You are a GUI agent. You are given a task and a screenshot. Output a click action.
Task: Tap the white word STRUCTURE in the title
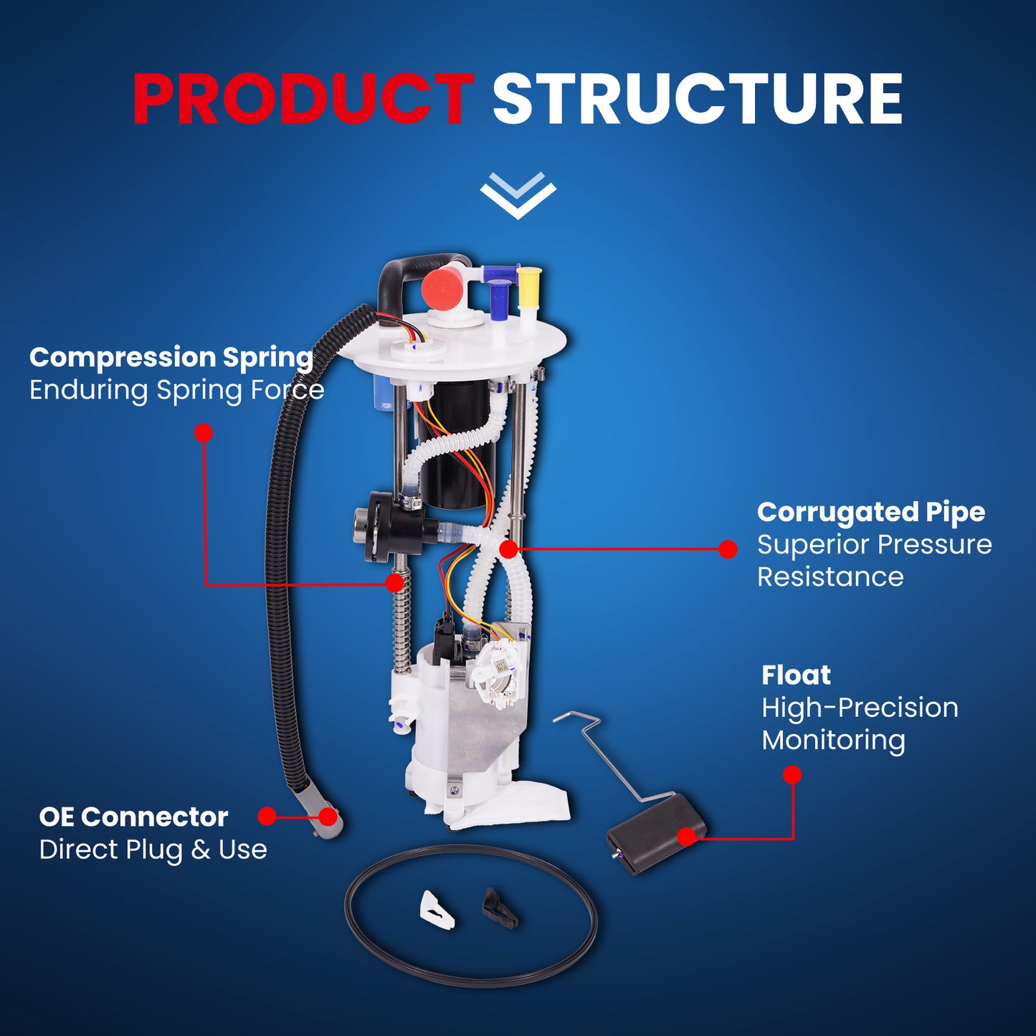[698, 100]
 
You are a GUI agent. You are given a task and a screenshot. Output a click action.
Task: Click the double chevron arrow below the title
[518, 196]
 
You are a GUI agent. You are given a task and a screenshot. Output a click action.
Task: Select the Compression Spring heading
[171, 358]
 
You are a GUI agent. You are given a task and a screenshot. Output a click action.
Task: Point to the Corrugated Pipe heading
[871, 513]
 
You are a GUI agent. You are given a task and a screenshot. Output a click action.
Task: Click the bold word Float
[797, 675]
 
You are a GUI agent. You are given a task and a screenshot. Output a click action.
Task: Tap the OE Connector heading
[134, 818]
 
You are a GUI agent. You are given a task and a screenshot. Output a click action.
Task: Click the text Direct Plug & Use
[153, 850]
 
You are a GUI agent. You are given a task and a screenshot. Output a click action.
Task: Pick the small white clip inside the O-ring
[436, 910]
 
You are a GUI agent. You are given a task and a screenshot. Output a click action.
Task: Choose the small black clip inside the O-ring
[500, 907]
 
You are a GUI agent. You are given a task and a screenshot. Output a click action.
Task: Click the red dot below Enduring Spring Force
[204, 433]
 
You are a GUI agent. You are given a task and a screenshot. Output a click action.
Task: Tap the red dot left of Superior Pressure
[728, 549]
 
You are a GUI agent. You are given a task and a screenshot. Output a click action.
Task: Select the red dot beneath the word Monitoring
[792, 775]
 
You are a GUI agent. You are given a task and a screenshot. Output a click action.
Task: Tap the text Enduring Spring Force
[177, 390]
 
